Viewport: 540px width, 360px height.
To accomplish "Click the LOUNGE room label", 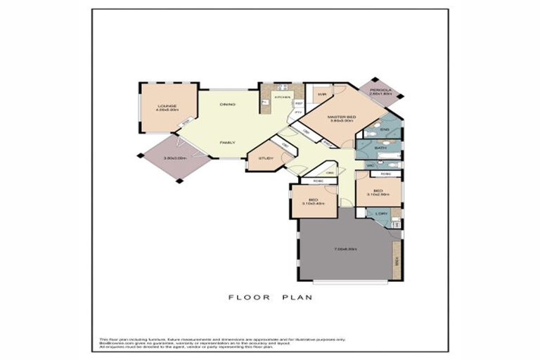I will pyautogui.click(x=167, y=107).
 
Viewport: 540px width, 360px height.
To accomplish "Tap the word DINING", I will pyautogui.click(x=227, y=104).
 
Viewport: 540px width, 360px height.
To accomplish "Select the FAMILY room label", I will pyautogui.click(x=227, y=142).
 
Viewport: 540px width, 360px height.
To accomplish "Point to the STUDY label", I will pyautogui.click(x=266, y=158).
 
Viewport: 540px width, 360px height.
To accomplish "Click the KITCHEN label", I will pyautogui.click(x=283, y=97).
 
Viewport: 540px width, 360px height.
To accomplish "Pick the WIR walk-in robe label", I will pyautogui.click(x=321, y=94).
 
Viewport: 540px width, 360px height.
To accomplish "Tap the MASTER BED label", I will pyautogui.click(x=342, y=116).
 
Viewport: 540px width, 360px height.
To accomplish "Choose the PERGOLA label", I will pyautogui.click(x=380, y=90).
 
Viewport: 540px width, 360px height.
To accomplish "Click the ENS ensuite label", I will pyautogui.click(x=385, y=130).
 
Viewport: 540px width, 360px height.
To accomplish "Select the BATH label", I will pyautogui.click(x=380, y=148).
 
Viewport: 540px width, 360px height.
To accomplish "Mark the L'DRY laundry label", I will pyautogui.click(x=380, y=214).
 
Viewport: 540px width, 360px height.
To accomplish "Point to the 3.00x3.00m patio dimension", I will pyautogui.click(x=174, y=158).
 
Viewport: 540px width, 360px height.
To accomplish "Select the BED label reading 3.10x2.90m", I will pyautogui.click(x=378, y=191).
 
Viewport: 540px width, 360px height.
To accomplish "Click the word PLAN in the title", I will pyautogui.click(x=299, y=297).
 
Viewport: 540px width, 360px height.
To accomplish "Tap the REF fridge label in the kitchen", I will pyautogui.click(x=298, y=103).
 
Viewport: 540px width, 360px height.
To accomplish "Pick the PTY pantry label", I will pyautogui.click(x=298, y=112).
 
